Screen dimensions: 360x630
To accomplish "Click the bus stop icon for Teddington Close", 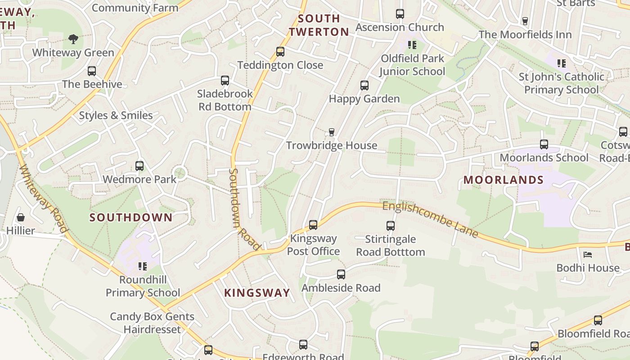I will coord(280,52).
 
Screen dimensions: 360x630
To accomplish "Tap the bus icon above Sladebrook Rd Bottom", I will coord(225,81).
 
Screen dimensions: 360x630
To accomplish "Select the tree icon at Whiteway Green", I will coord(73,39).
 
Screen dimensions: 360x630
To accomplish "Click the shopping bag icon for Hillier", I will coord(21,218).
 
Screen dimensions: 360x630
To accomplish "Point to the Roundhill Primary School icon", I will coord(143,266).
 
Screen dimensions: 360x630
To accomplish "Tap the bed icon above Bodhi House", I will coord(588,255).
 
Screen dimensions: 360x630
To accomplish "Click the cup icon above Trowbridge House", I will coord(332,132).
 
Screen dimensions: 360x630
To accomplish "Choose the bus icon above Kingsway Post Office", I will coord(313,225).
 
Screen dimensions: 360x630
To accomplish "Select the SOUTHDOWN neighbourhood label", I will coord(131,218).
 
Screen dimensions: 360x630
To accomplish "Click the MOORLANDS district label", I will coord(504,180).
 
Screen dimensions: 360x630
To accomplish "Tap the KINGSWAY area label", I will coord(257,293).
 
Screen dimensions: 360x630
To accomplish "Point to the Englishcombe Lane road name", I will coord(430,220).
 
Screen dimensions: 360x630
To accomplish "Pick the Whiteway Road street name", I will coord(44,198).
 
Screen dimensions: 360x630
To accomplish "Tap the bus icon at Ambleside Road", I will coord(341,274).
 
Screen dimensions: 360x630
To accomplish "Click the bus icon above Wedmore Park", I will coord(139,166).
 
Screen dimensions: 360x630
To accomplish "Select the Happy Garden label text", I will coord(364,99).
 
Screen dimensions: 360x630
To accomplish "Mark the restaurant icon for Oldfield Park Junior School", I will coord(412,45).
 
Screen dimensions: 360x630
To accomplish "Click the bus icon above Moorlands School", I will coord(544,144).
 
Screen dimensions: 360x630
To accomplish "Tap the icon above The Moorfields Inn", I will coord(525,21).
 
